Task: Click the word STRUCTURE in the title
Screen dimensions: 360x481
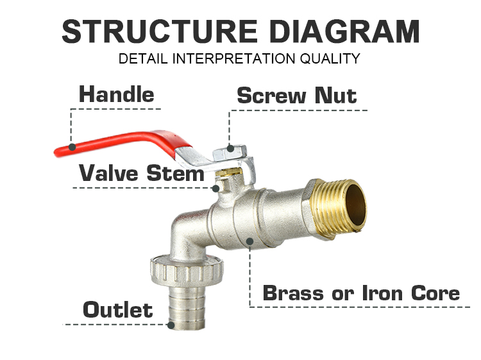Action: coord(154,31)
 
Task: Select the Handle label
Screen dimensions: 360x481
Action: coord(116,95)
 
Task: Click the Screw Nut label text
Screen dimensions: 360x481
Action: coord(296,96)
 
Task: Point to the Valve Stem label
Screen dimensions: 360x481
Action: coord(141,173)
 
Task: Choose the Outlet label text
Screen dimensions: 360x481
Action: coord(117,311)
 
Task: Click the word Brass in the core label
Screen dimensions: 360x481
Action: coord(292,293)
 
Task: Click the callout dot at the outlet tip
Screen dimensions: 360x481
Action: coord(171,325)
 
